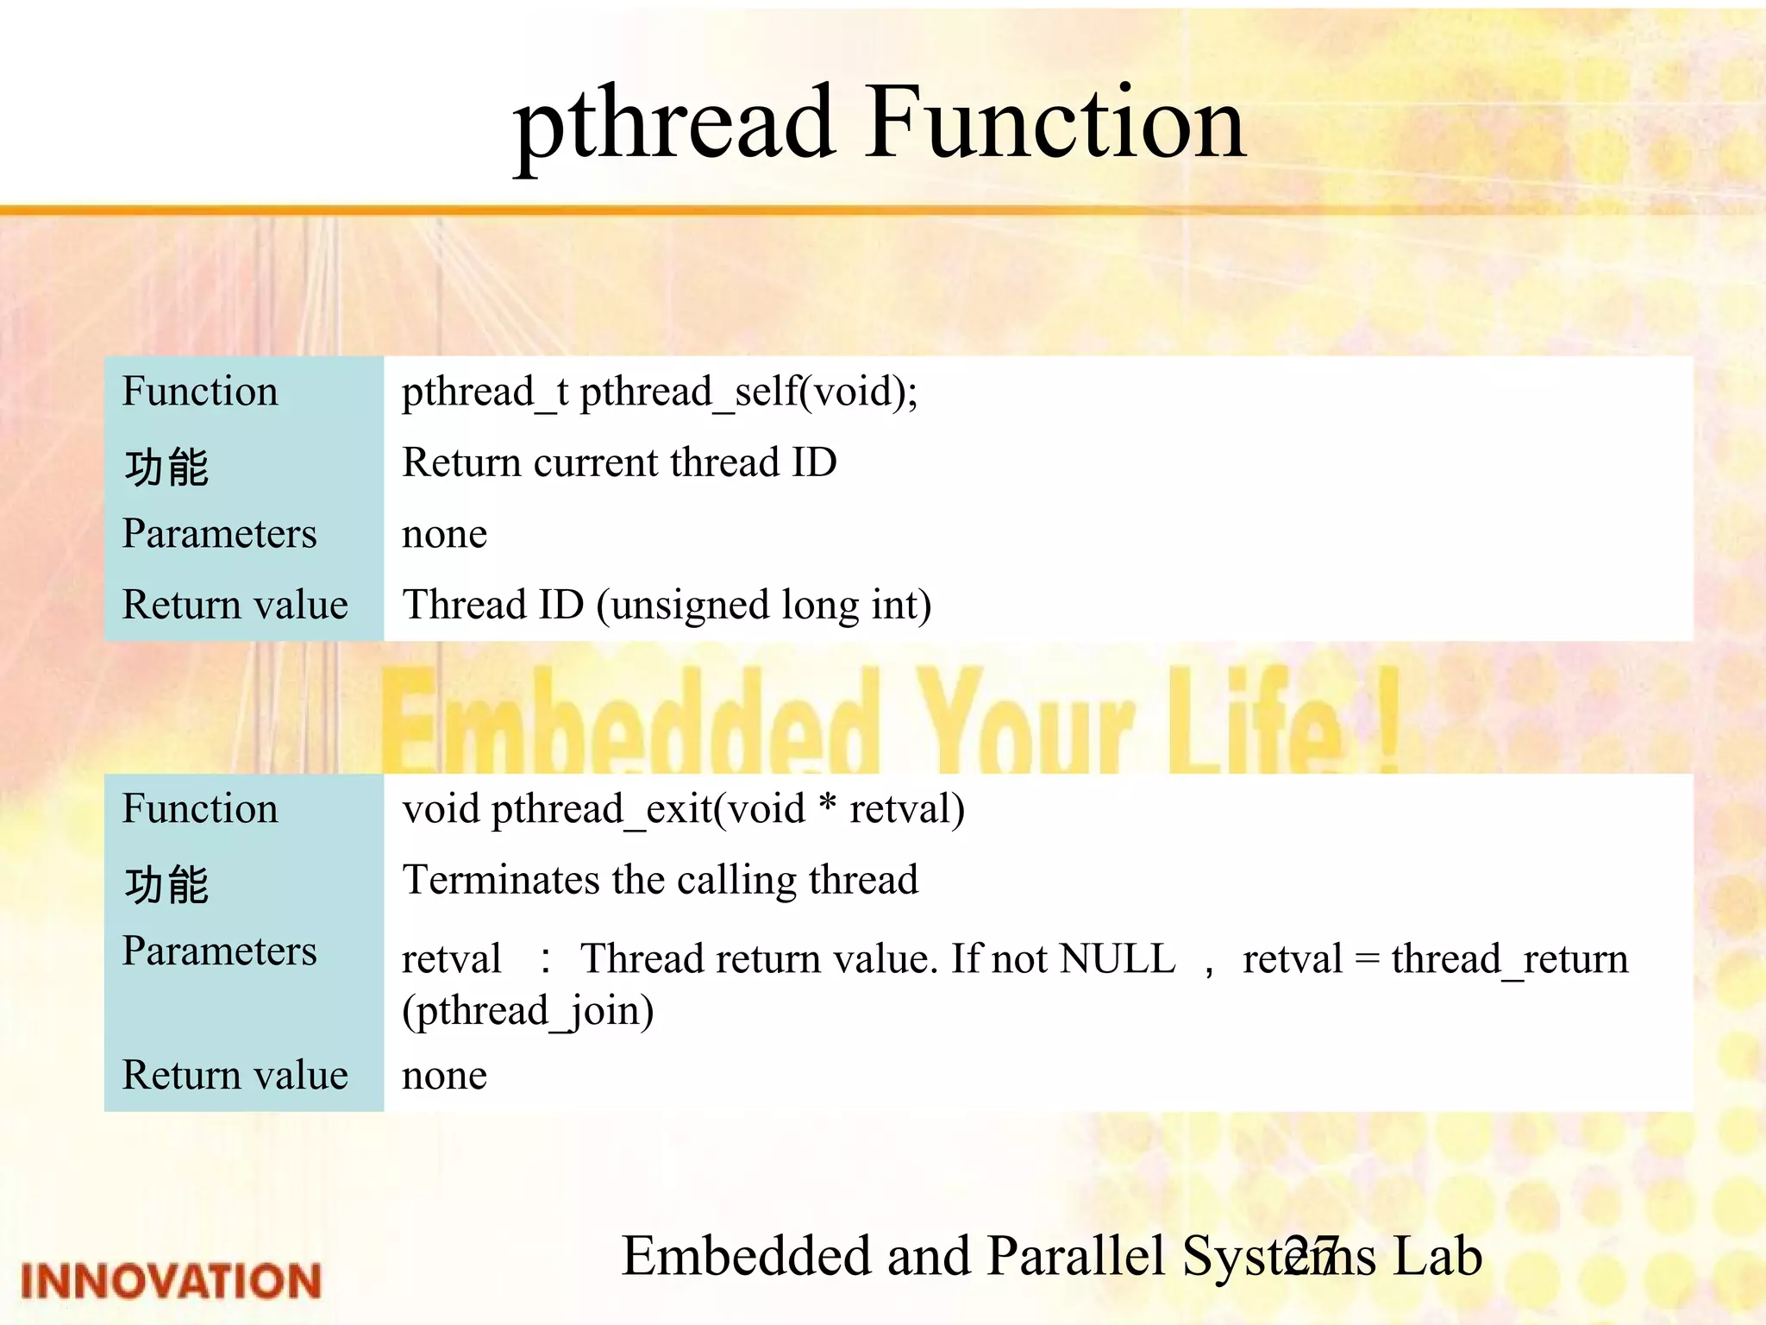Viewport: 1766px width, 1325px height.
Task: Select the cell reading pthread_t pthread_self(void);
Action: coord(660,392)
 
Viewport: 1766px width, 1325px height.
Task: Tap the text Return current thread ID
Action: coord(619,463)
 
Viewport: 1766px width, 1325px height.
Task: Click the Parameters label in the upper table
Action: coord(219,534)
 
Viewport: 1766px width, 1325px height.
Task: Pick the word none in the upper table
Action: coord(444,535)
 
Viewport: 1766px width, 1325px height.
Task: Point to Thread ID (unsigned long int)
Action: coord(667,606)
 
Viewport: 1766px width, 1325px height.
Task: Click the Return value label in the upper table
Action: coord(235,606)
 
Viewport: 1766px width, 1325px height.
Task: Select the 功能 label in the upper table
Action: coord(166,468)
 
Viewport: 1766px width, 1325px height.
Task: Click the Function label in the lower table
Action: coord(200,810)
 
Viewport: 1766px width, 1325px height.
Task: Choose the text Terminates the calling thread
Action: coord(660,881)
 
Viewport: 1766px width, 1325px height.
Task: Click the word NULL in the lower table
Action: coord(1117,959)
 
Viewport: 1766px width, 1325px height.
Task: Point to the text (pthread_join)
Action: coord(528,1011)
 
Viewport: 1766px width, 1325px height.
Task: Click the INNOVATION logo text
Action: coord(171,1280)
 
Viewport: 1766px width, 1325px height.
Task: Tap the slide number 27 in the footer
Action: coord(1310,1256)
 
